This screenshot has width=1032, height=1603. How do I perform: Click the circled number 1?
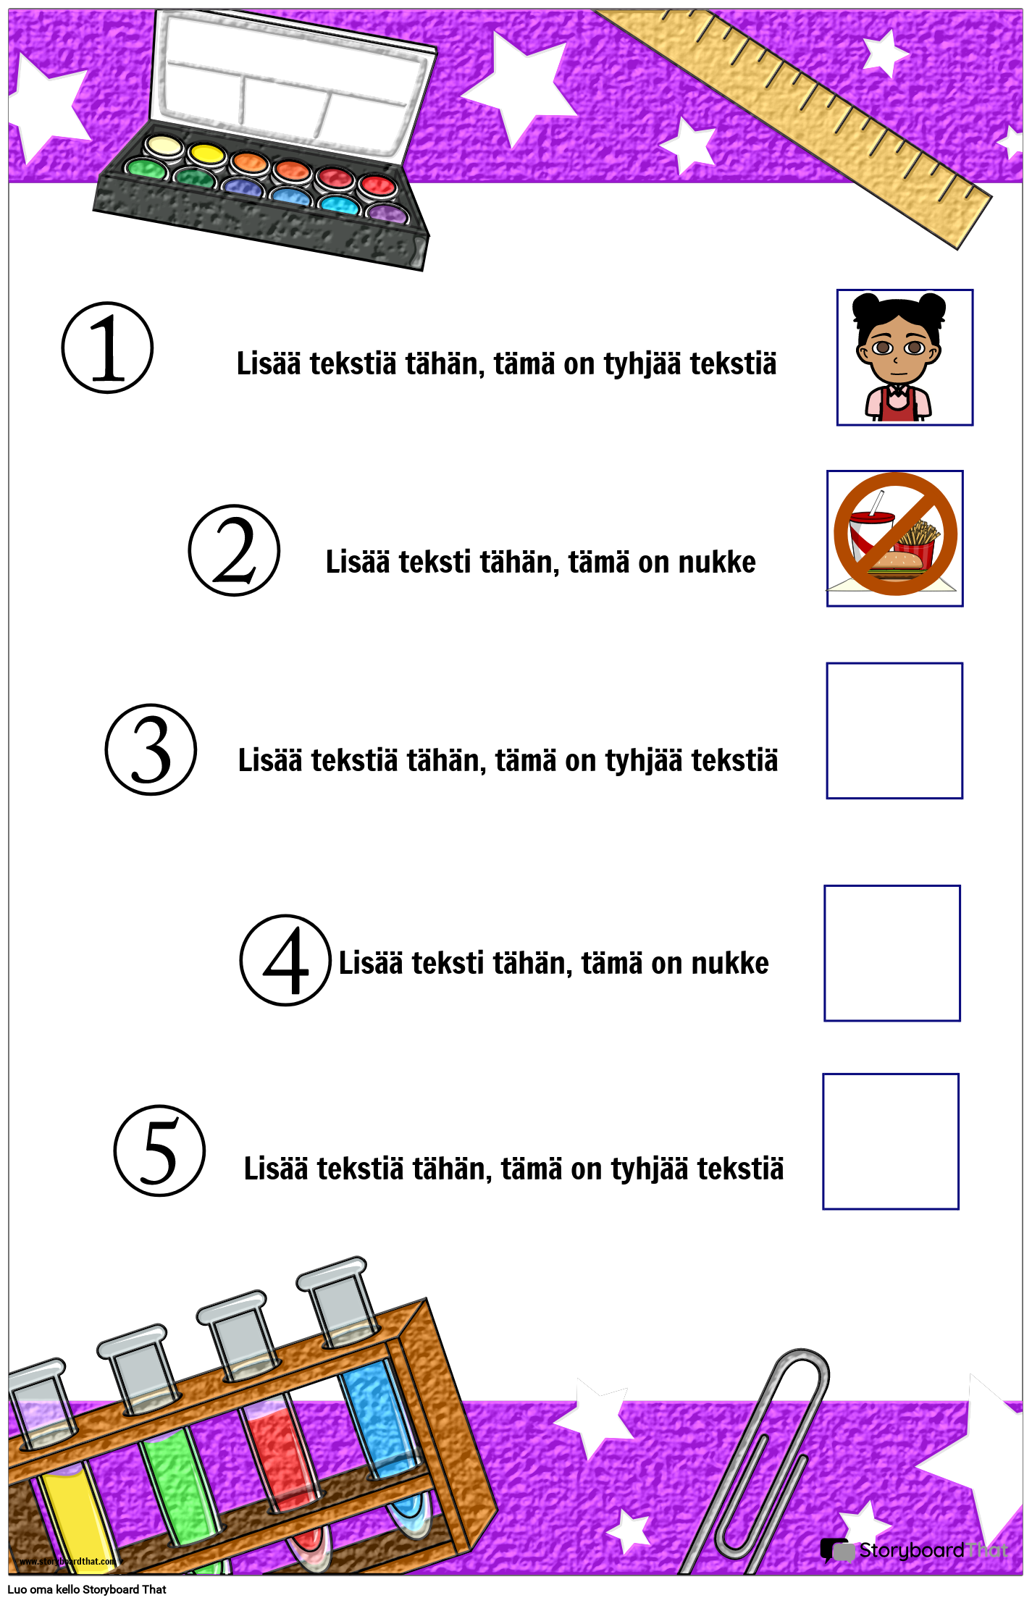click(x=107, y=348)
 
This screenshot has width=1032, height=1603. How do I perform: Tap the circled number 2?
click(x=234, y=551)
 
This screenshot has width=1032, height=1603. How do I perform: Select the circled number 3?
click(x=151, y=750)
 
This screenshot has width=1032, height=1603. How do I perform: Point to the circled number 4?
click(x=285, y=960)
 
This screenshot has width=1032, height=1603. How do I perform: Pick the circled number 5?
click(x=159, y=1150)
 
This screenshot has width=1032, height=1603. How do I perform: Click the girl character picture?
click(x=905, y=358)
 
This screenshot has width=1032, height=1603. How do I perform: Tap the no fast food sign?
click(x=895, y=538)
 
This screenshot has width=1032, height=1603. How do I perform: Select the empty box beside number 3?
click(x=894, y=731)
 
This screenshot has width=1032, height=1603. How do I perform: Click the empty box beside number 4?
click(x=892, y=953)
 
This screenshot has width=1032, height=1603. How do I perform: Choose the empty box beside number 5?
click(x=891, y=1142)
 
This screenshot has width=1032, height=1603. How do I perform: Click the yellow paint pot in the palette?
click(x=207, y=154)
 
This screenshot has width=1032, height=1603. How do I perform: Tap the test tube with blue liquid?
click(x=377, y=1419)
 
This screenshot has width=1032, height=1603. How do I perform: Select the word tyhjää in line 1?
click(x=642, y=363)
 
